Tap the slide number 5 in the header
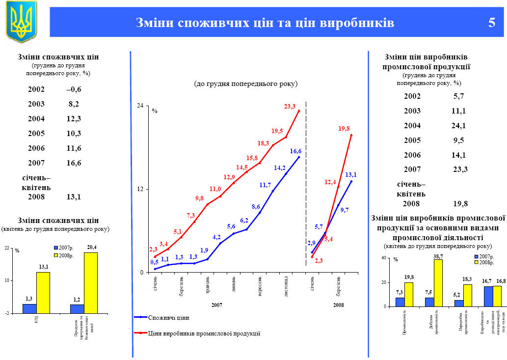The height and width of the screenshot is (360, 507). [x=491, y=23]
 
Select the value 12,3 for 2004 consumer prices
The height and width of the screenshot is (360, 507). [x=74, y=119]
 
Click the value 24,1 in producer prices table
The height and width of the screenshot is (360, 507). [x=459, y=126]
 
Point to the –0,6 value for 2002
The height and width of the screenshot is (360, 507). [x=74, y=89]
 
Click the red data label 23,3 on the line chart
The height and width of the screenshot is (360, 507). [x=290, y=106]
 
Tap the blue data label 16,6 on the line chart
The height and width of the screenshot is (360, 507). [x=295, y=151]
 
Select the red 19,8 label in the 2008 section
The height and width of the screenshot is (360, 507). [x=344, y=129]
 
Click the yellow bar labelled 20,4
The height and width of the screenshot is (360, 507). [x=91, y=282]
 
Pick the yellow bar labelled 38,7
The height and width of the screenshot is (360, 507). [x=438, y=283]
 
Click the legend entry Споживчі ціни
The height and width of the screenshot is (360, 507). [x=169, y=318]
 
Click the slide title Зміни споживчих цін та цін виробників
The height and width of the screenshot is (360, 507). [x=265, y=23]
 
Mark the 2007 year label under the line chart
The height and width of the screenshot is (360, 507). [x=217, y=305]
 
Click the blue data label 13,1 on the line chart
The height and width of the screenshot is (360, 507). [x=350, y=175]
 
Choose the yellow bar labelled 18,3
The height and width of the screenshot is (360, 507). [x=467, y=295]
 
